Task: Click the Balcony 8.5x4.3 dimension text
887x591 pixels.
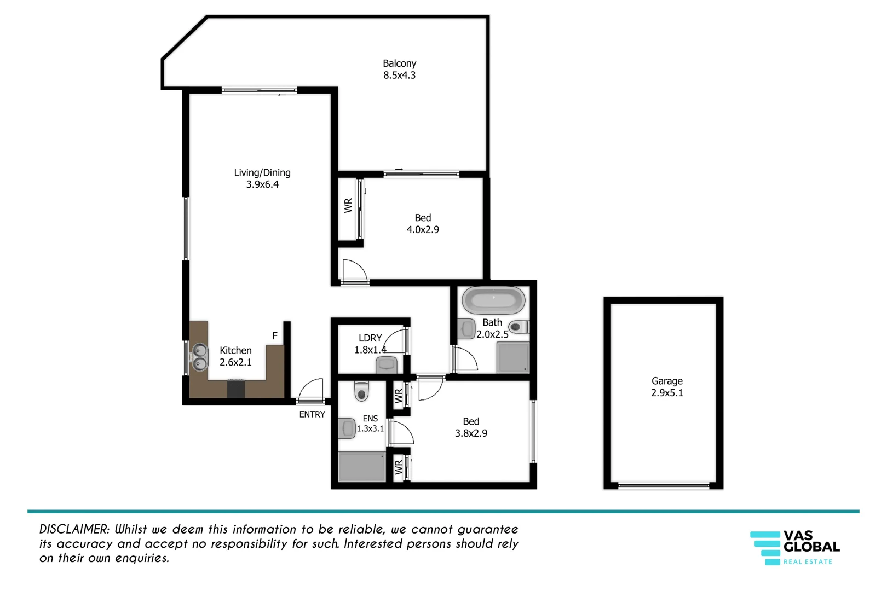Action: pos(399,76)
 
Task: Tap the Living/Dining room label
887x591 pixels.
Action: pos(262,172)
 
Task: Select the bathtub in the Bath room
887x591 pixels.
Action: pos(493,299)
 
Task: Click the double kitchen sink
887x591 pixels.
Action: pos(200,356)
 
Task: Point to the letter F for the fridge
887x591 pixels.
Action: pos(275,335)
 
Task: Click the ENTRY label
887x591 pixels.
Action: pos(312,414)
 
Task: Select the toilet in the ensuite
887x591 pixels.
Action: pos(361,391)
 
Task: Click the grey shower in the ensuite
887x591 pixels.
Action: pos(362,467)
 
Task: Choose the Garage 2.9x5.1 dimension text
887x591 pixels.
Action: pos(667,393)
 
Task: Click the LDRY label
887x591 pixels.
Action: pos(370,338)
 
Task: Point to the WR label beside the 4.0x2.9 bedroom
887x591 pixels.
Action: pos(348,206)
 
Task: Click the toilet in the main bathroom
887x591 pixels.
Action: pos(518,327)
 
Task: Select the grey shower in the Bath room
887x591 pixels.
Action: pos(513,358)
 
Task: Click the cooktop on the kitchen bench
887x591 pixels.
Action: pos(236,389)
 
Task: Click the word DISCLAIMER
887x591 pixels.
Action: pos(74,529)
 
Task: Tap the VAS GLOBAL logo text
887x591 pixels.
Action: pos(811,541)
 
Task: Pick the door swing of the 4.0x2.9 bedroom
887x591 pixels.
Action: pos(354,271)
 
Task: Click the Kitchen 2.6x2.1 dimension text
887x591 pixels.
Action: pos(235,362)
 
